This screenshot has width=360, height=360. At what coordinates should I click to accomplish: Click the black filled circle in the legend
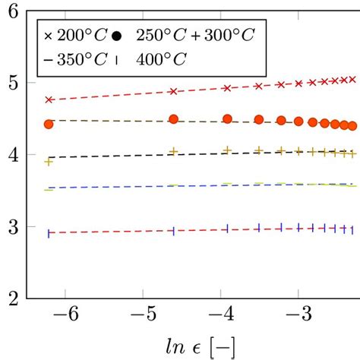click(x=116, y=36)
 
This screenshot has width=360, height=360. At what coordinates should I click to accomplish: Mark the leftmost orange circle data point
click(x=49, y=124)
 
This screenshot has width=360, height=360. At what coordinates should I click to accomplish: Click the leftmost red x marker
click(x=49, y=99)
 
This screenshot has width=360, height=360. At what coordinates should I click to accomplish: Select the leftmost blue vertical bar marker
click(x=49, y=234)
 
